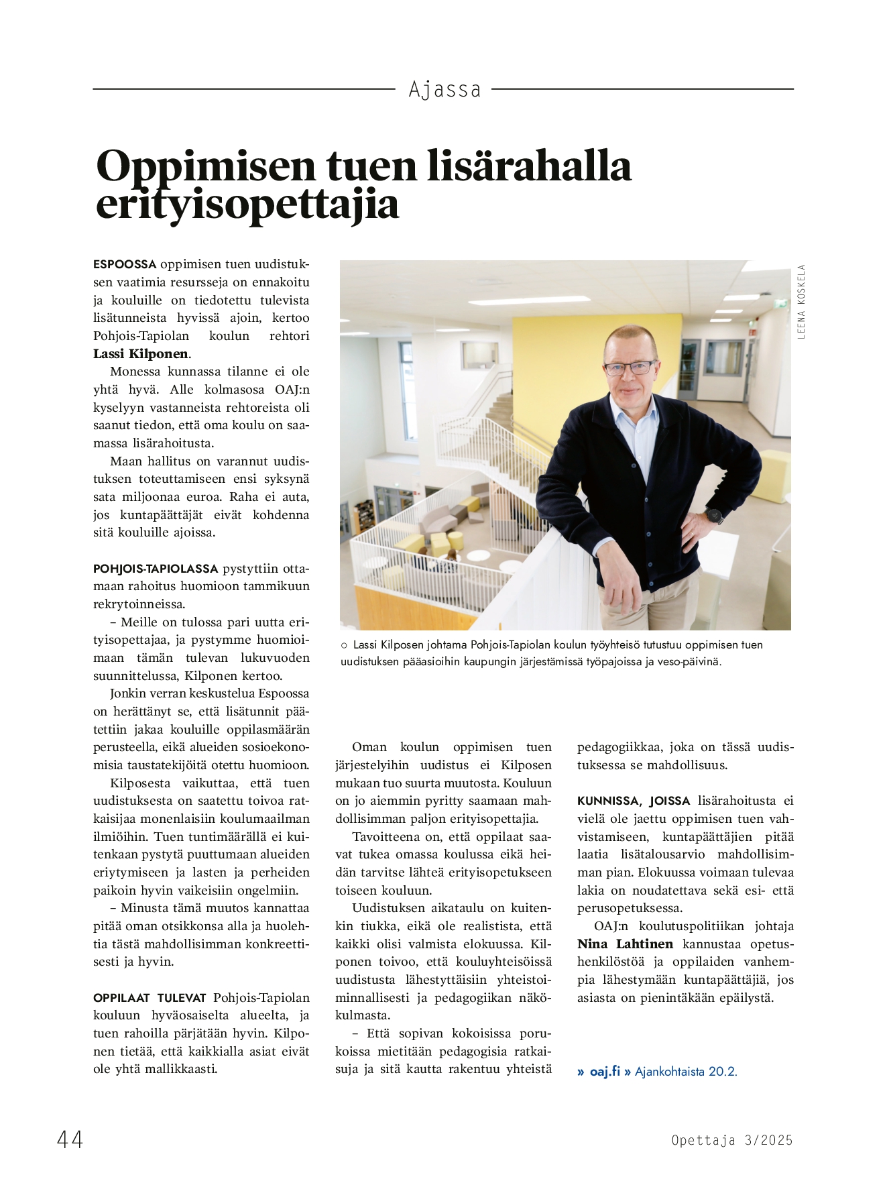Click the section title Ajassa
click(445, 89)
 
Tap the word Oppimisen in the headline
click(206, 166)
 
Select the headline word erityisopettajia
click(247, 205)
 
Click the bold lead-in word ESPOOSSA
click(125, 264)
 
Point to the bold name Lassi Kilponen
click(141, 354)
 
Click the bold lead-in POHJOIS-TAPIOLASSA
click(156, 569)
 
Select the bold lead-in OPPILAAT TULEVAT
click(151, 998)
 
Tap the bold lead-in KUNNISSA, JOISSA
click(634, 801)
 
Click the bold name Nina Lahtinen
click(625, 944)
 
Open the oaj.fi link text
click(605, 1072)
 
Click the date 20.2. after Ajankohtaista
click(723, 1072)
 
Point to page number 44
click(70, 1139)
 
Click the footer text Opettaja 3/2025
click(731, 1140)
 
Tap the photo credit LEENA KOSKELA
click(801, 302)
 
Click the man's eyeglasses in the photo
click(630, 368)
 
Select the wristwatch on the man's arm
click(714, 516)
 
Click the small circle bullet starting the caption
click(344, 645)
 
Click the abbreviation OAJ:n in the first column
click(292, 390)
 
